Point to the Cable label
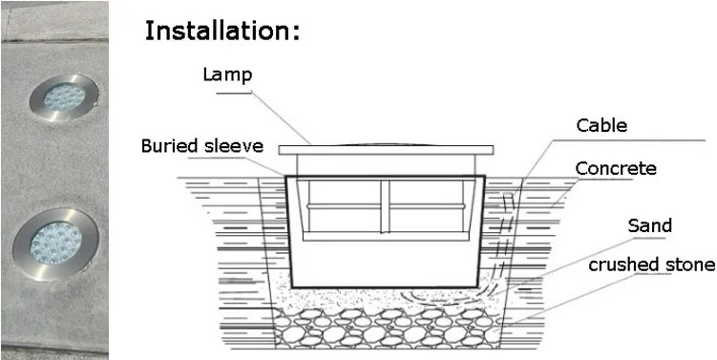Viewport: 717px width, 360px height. [601, 125]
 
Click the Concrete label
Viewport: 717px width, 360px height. [616, 169]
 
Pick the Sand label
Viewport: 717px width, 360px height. [649, 226]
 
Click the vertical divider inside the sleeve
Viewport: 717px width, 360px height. [385, 205]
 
